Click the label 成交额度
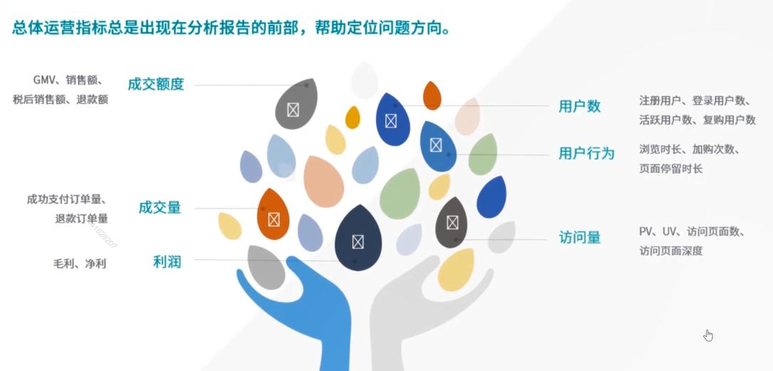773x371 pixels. [156, 84]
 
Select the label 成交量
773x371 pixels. [159, 208]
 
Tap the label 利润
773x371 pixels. [167, 262]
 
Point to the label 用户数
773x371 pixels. [579, 106]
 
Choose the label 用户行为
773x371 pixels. [586, 153]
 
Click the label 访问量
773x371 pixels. [579, 237]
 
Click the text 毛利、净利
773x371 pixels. [79, 264]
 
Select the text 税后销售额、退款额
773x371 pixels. [61, 100]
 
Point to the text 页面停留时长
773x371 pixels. [671, 168]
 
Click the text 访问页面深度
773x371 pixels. [671, 250]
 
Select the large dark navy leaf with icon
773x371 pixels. [358, 240]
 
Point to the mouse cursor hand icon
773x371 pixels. [708, 335]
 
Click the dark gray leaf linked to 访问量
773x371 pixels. [451, 222]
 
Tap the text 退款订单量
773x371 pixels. [81, 218]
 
